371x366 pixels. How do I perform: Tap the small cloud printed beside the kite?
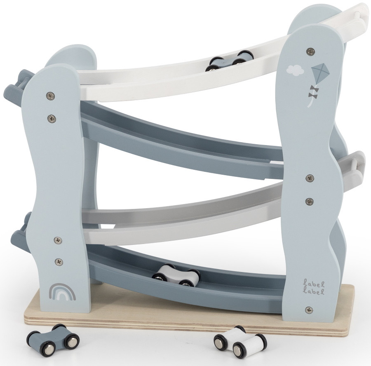[295, 70]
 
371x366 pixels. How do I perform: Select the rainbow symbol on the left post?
[63, 292]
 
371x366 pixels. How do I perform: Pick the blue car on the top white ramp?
[229, 61]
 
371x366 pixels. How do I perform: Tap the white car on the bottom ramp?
[175, 276]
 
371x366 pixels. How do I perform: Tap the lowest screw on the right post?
[309, 310]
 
